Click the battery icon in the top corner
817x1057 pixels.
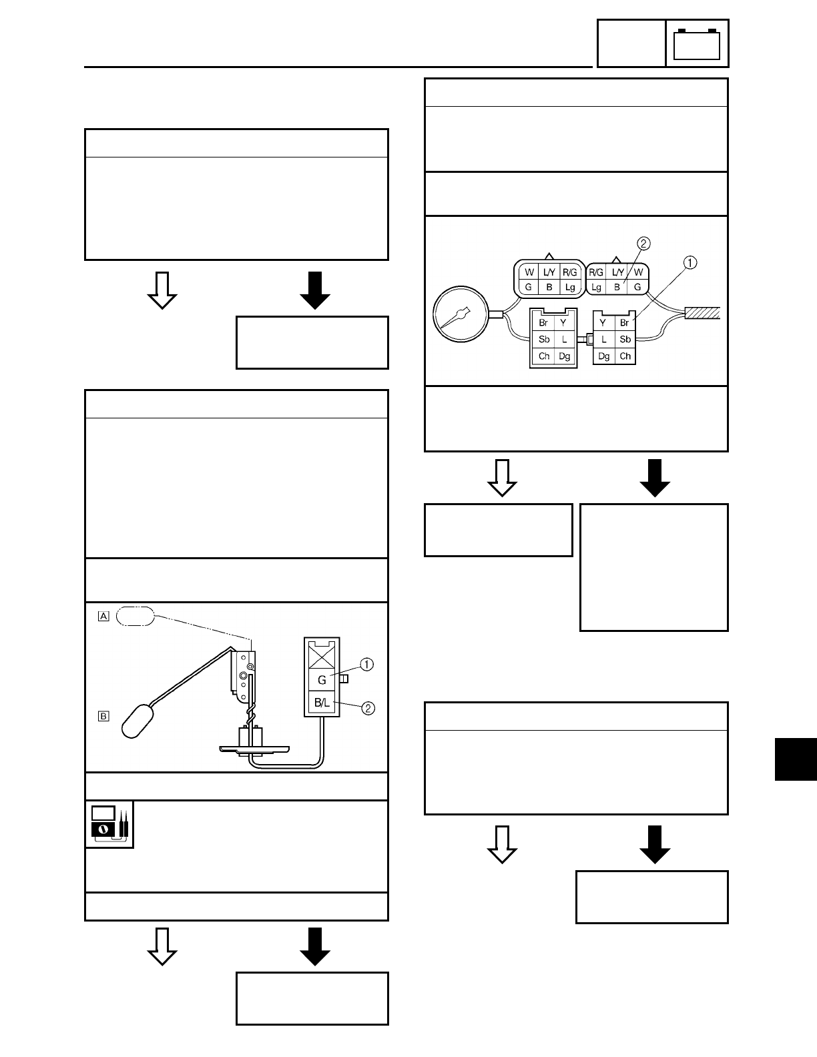(x=697, y=44)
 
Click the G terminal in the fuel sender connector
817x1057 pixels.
(x=322, y=680)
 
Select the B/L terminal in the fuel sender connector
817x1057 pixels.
(x=322, y=703)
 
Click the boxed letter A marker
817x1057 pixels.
(x=103, y=617)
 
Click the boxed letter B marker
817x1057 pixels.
(x=103, y=717)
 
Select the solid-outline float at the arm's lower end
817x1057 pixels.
(x=138, y=720)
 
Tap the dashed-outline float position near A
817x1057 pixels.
(x=135, y=617)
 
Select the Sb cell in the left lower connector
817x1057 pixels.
(x=544, y=339)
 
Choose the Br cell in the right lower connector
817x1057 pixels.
(x=625, y=322)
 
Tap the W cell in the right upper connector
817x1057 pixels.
(x=639, y=272)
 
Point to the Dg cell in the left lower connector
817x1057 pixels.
(x=565, y=356)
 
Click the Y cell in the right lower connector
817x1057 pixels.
(x=604, y=322)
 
